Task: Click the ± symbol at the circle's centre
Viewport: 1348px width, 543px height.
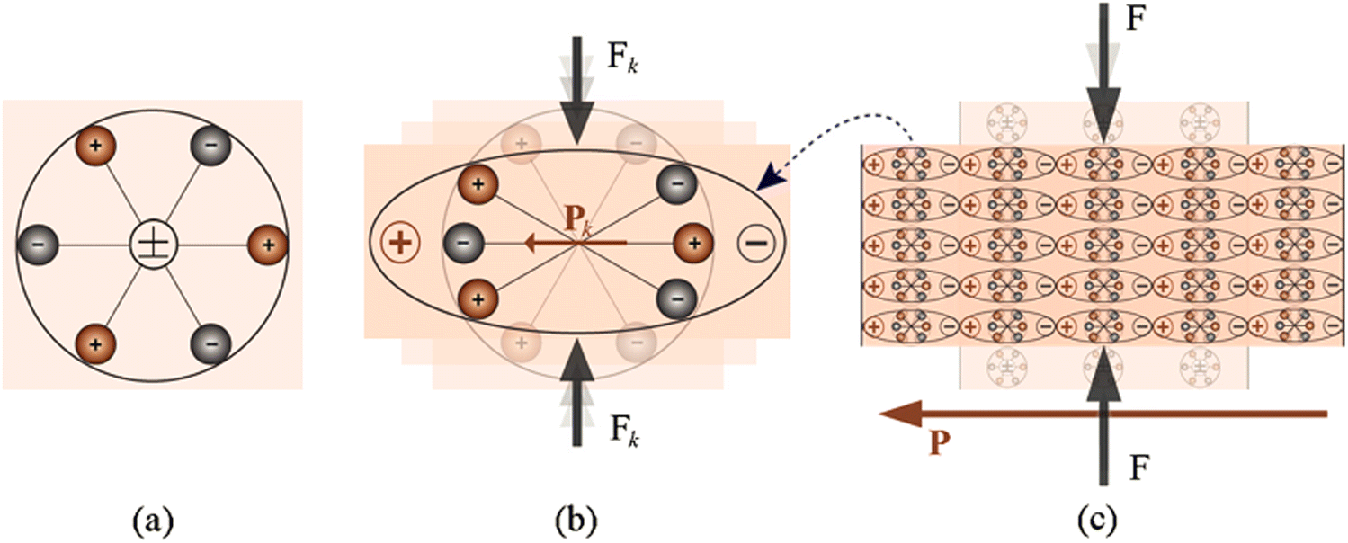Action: (x=154, y=245)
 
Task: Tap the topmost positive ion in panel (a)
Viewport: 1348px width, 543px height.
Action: (x=95, y=146)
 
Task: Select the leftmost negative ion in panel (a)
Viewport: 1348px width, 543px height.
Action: (x=37, y=245)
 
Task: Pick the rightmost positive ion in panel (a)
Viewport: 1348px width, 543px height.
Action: (x=268, y=245)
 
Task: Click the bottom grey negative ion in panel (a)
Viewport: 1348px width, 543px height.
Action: (x=210, y=344)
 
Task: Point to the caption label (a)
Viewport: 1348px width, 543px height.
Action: (x=153, y=521)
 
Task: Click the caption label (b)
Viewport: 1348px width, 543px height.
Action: (x=576, y=521)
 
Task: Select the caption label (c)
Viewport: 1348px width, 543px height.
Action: (x=1097, y=521)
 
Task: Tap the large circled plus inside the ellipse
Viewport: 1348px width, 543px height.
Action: (x=401, y=243)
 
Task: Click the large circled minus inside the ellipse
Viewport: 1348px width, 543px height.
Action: (x=756, y=243)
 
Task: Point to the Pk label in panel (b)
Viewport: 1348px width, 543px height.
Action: (x=577, y=219)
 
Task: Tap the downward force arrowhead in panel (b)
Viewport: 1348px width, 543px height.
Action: (x=577, y=122)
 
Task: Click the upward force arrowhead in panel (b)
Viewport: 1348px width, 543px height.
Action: (x=577, y=361)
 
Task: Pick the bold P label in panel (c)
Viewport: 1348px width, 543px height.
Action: (x=940, y=443)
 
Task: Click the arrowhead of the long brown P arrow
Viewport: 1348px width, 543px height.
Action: (x=900, y=414)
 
